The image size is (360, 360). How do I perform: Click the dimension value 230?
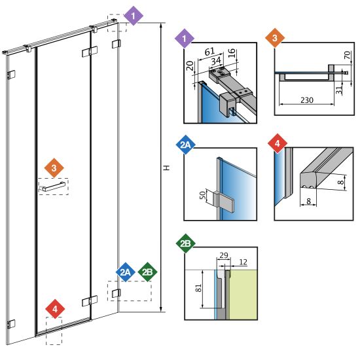click(307, 100)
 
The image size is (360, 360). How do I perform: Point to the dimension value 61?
click(210, 52)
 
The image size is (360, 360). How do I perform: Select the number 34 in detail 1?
click(216, 61)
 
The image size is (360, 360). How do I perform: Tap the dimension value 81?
click(198, 288)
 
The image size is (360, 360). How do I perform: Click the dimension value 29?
click(224, 255)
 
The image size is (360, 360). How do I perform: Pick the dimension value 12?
click(243, 262)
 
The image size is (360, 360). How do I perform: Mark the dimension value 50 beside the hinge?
click(203, 196)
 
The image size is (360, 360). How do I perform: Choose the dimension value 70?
click(348, 55)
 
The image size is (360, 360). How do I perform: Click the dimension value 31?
click(339, 90)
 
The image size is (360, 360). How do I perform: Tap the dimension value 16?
click(232, 53)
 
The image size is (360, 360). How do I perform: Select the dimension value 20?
click(190, 65)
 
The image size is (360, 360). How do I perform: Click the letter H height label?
click(167, 168)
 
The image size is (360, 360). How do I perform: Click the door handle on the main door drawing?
click(52, 187)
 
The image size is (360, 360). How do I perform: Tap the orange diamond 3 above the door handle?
click(54, 168)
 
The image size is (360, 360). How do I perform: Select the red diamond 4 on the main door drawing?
click(55, 309)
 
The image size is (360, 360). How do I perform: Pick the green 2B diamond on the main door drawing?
click(147, 272)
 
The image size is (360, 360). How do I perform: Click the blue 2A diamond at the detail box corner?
click(185, 145)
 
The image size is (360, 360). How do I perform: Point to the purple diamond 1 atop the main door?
click(134, 16)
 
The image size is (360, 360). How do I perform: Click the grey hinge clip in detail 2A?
click(223, 201)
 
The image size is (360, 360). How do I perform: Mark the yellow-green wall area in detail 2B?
click(243, 295)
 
